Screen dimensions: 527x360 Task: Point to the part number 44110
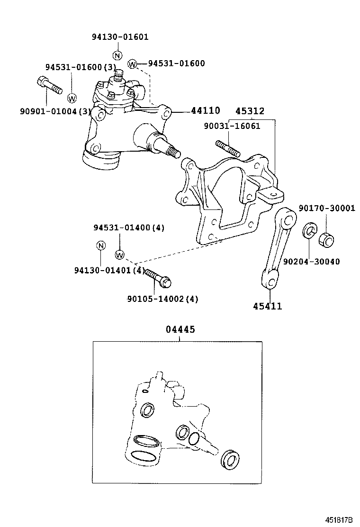[x=205, y=111]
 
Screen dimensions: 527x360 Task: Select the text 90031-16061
[x=232, y=126]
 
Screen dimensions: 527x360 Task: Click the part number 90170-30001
[x=326, y=208]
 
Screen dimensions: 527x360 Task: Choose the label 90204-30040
[x=311, y=261]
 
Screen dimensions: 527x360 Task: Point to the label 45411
[x=267, y=306]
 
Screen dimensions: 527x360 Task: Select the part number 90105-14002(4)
[x=162, y=299]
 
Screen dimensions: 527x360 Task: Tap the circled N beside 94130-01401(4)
[x=100, y=245]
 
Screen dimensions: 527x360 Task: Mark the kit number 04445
[x=180, y=329]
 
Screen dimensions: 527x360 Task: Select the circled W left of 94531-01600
[x=132, y=64]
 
